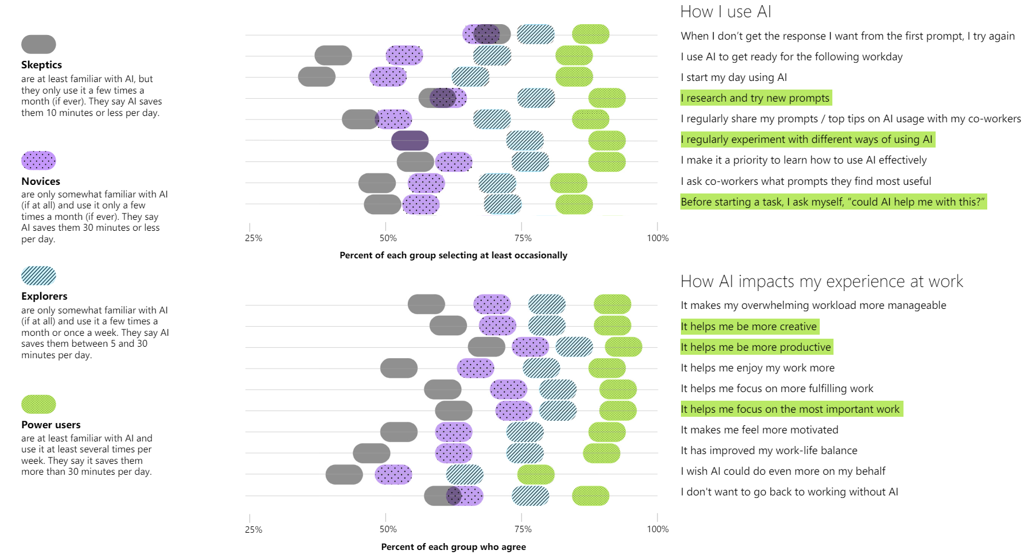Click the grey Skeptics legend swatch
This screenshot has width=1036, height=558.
coord(38,44)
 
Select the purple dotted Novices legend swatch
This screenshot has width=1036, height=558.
coord(38,161)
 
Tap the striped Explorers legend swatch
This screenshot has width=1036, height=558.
coord(38,276)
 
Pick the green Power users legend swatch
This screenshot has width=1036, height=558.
coord(38,405)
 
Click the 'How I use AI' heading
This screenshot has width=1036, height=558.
coord(726,12)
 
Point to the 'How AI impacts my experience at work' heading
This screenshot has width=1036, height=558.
coord(821,281)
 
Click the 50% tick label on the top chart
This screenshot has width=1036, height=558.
coord(388,238)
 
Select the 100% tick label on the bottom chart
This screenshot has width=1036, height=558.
coord(657,529)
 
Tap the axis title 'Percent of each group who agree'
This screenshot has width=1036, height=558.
coord(453,547)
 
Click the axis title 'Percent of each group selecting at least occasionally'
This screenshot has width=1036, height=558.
coord(453,255)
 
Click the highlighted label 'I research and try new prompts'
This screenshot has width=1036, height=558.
coord(755,98)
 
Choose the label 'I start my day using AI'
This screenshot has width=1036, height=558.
coord(734,77)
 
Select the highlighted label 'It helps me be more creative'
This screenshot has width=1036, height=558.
coord(749,327)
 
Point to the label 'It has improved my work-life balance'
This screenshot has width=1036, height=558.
coord(769,451)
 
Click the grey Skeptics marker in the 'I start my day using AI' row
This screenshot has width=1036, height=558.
coord(317,77)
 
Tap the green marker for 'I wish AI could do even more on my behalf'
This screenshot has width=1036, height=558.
coord(536,475)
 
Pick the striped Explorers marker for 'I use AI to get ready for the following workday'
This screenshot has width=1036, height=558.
coord(492,56)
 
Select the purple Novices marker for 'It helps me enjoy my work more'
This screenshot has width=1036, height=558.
coord(476,368)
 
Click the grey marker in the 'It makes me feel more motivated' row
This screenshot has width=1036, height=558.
coord(399,432)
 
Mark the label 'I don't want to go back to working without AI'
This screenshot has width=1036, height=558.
coord(789,492)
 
